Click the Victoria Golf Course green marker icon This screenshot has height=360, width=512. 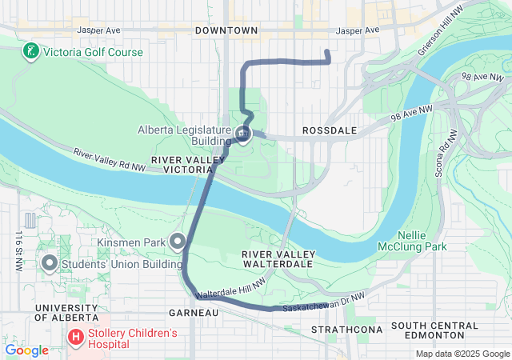[x=30, y=52]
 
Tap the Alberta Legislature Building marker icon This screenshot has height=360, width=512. [x=242, y=134]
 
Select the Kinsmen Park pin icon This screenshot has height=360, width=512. [x=177, y=241]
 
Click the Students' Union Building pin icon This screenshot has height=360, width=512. [x=49, y=262]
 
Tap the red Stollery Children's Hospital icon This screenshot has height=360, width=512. [x=76, y=338]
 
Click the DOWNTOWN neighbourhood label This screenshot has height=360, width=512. [x=226, y=30]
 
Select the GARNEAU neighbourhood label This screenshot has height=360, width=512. [x=194, y=312]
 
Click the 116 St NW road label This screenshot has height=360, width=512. [x=15, y=254]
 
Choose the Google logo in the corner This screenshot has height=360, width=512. [x=26, y=350]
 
